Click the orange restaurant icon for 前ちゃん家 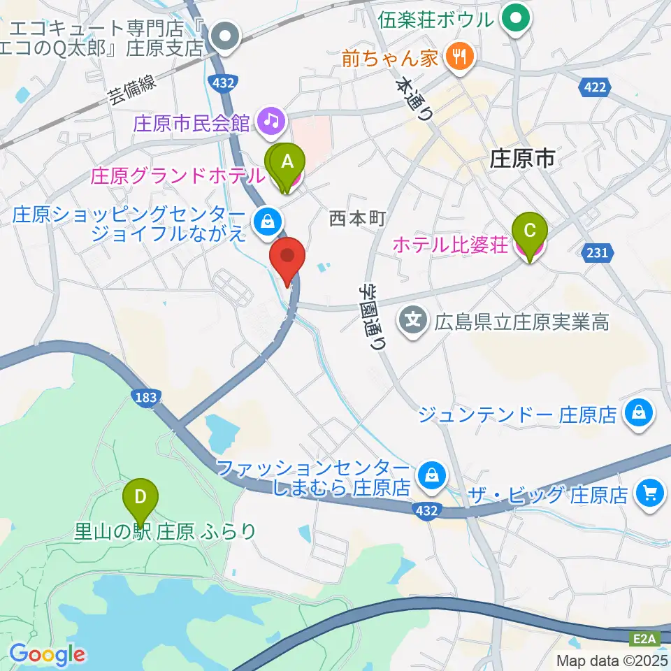[x=459, y=57]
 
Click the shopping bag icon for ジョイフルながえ [x=266, y=222]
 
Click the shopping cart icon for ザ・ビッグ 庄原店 [x=650, y=495]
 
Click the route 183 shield [x=146, y=397]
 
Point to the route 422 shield [x=595, y=87]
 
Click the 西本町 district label [x=357, y=219]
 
